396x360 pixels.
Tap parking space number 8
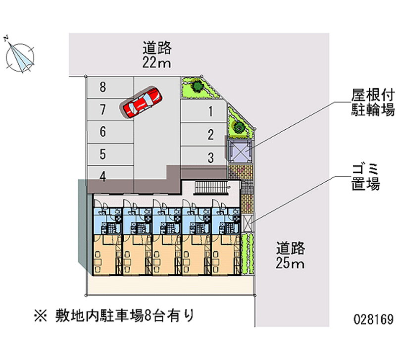110,88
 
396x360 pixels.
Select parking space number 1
203,111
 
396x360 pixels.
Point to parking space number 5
110,154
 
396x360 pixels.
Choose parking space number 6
110,132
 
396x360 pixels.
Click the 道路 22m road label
157,55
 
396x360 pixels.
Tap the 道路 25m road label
290,255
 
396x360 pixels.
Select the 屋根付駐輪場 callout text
373,103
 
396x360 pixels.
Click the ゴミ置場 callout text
365,177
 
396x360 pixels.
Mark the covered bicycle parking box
240,151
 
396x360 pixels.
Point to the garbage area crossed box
247,223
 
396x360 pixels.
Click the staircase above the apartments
212,188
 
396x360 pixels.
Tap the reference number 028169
374,319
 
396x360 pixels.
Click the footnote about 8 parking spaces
114,315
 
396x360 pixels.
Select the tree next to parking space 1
197,86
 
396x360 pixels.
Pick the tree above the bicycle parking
238,127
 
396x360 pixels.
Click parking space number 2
203,135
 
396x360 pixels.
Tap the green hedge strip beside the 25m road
247,254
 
